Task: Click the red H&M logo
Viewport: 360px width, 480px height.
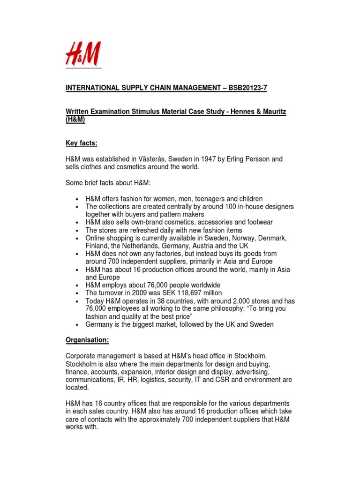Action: pyautogui.click(x=83, y=55)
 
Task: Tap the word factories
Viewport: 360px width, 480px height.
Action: pyautogui.click(x=180, y=254)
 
